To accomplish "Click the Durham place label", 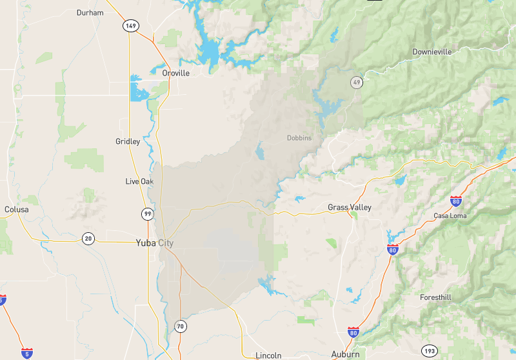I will pos(90,12).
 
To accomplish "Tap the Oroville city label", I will pos(175,73).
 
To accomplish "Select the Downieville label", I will pos(432,52).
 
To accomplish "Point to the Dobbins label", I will pos(299,137).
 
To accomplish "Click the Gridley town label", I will pos(128,141).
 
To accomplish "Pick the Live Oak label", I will pos(139,181).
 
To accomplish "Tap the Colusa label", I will pos(17,210).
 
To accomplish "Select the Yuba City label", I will pos(155,243).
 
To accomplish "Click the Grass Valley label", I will pos(350,207).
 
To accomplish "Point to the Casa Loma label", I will pos(450,215).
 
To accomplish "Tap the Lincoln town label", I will pos(268,355).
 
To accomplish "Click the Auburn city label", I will pos(345,354).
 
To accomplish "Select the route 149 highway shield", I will pos(131,26).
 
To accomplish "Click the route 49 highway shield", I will pos(356,83).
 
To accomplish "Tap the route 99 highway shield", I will pos(148,214).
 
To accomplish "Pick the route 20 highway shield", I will pos(88,239).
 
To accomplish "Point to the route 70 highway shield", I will pos(181,326).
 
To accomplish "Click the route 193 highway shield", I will pos(430,351).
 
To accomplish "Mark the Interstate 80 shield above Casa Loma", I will pos(456,201).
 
